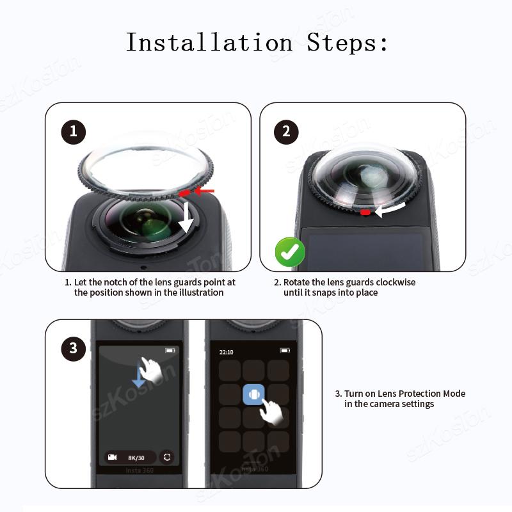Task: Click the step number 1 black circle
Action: tap(73, 132)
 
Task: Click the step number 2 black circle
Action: tap(286, 132)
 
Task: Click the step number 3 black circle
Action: tap(73, 348)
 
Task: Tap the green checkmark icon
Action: tap(290, 252)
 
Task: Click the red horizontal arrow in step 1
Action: tap(204, 191)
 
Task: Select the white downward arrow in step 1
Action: tap(186, 218)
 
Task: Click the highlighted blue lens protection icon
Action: tap(254, 394)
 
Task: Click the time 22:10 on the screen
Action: tap(227, 352)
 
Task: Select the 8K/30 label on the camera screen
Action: tap(136, 457)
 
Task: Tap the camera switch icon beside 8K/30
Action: tap(168, 457)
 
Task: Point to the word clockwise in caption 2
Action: tap(395, 282)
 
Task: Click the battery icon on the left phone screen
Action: tap(170, 351)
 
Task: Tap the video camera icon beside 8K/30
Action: tap(113, 457)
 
